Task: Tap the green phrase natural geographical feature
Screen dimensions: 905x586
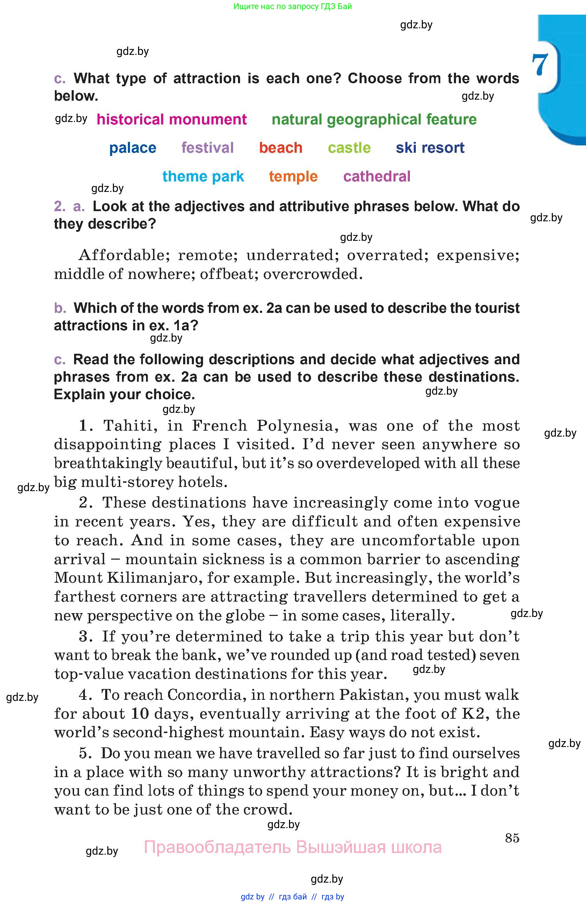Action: tap(374, 120)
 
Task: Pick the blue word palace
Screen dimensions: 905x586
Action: tap(133, 148)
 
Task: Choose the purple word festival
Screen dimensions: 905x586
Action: tap(208, 148)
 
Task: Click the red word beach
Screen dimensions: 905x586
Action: tap(281, 148)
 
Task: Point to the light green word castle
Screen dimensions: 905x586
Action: tap(349, 148)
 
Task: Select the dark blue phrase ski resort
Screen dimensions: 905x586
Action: tap(430, 148)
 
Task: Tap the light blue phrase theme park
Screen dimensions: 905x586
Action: tap(203, 177)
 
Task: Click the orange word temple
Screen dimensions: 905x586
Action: tap(294, 177)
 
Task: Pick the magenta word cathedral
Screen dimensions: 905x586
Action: tap(377, 177)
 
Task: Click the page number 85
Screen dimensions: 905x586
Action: tap(512, 838)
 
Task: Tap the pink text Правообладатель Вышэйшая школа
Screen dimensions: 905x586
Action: tap(292, 848)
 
